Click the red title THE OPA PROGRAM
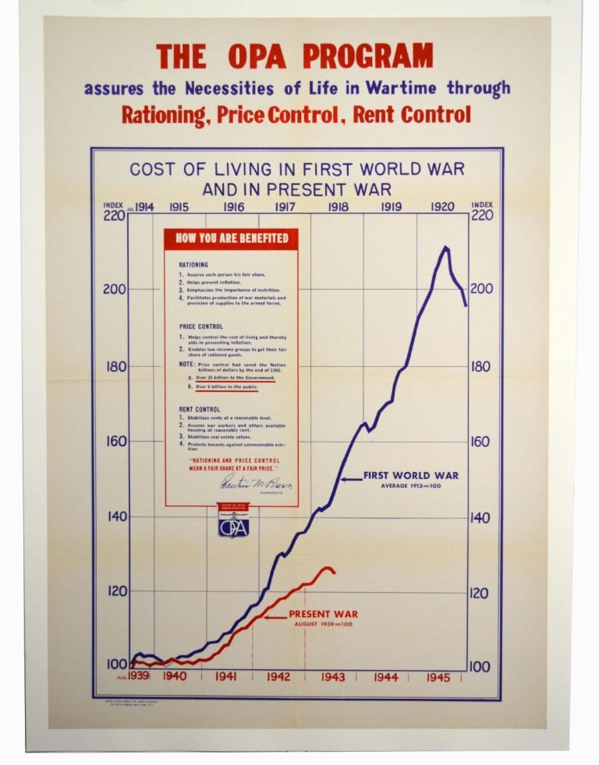294,56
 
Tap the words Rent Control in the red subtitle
412,115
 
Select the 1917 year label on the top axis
285,207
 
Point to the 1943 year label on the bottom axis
332,677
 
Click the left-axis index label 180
115,366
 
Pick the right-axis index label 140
481,517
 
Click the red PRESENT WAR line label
323,614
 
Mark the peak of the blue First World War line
445,248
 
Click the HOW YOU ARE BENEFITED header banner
232,238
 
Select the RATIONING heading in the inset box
193,265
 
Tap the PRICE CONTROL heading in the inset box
200,326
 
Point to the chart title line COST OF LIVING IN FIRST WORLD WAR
296,169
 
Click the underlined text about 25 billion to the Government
235,377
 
